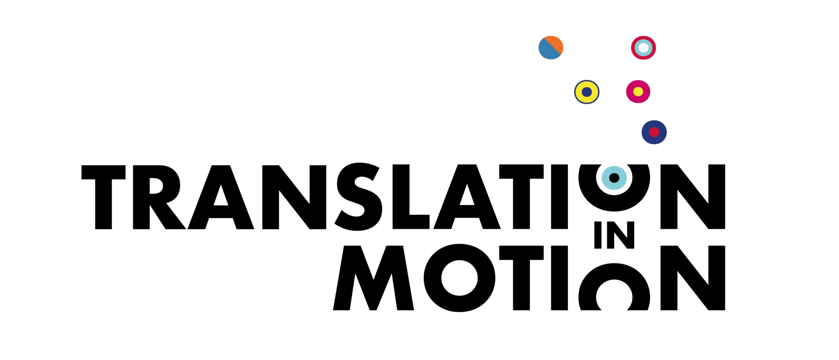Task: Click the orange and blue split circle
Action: (551, 48)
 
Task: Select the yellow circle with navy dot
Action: (587, 92)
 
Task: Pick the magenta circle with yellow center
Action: (638, 91)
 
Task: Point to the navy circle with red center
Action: (654, 132)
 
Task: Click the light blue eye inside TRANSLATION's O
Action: (614, 178)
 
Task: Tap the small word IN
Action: (614, 235)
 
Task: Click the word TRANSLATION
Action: (403, 197)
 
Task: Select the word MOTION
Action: (529, 278)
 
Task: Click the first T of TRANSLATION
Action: (103, 197)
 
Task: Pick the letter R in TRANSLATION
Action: (159, 197)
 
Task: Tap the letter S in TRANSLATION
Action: (358, 197)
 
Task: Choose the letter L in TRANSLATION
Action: (411, 197)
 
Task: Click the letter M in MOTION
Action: (373, 278)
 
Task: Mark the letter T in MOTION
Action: (521, 278)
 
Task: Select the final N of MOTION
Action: (693, 278)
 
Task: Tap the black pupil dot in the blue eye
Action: (614, 178)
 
